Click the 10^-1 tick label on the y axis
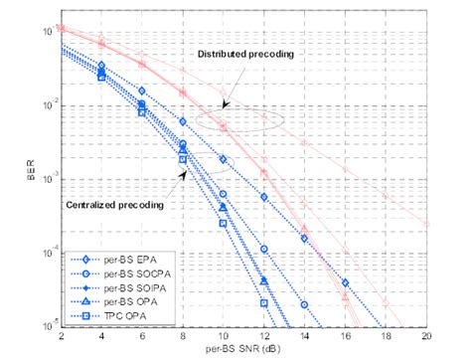point(44,32)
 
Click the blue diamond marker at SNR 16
point(345,282)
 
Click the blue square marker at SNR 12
point(264,303)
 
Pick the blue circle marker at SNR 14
point(304,302)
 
